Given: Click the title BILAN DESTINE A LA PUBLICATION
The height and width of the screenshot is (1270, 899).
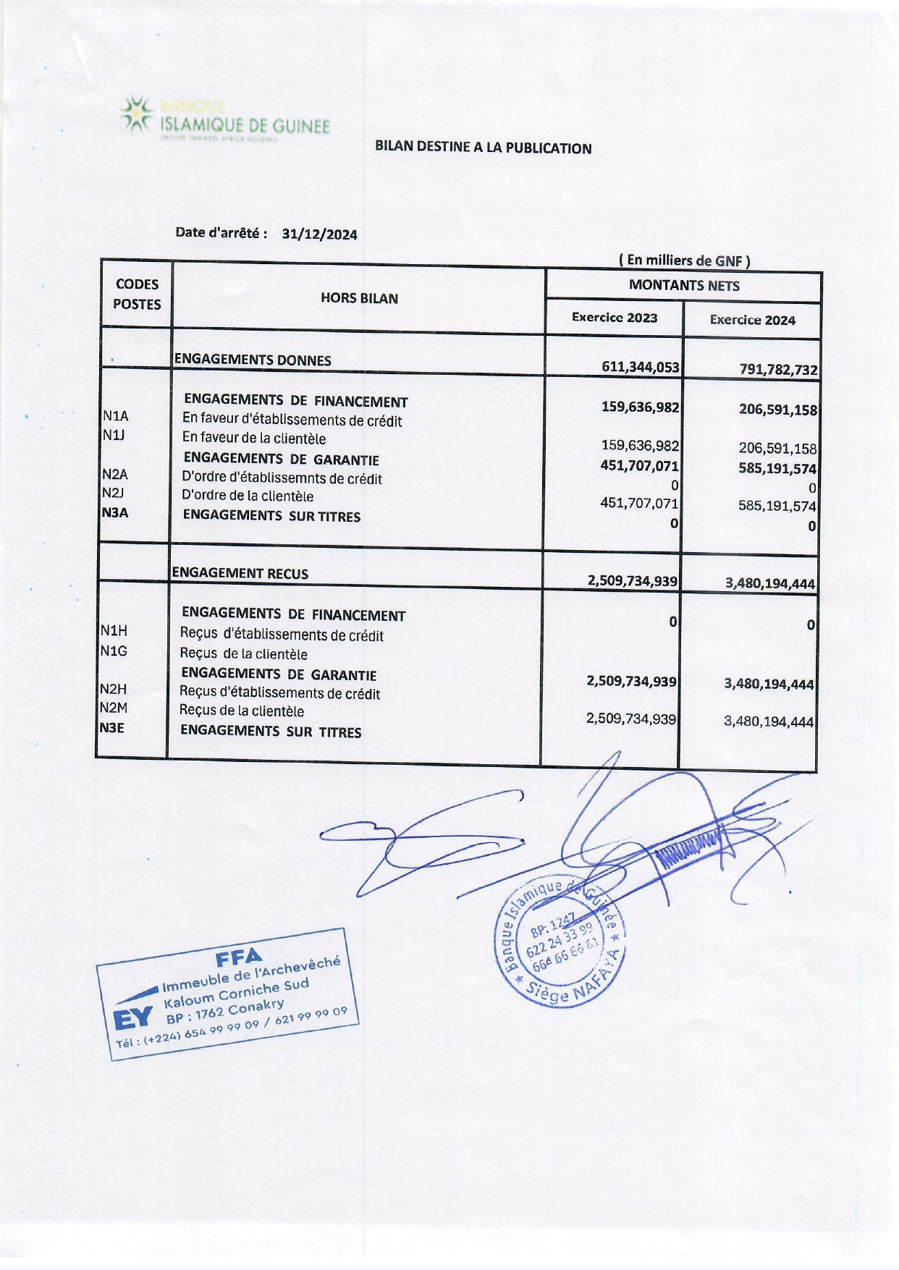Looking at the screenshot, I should [x=483, y=148].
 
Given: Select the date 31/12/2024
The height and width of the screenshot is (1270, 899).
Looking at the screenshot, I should [x=319, y=234].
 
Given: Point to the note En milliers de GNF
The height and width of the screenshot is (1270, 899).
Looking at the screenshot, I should [x=684, y=261].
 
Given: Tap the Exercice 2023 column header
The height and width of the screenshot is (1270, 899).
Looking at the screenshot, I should [x=615, y=318].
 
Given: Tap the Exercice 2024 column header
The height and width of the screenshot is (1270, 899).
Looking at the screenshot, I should [x=752, y=320].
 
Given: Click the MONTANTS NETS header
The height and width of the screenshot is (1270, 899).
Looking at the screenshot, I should [x=684, y=286].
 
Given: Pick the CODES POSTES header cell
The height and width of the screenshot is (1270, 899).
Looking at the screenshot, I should [x=137, y=295].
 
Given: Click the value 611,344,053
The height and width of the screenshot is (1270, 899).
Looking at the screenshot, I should [x=641, y=367].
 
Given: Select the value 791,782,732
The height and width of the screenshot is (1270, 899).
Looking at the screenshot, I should [x=778, y=370].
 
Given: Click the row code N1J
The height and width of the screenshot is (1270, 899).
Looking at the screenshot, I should [x=114, y=435].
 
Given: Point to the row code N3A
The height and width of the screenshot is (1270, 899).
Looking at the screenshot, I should [x=115, y=513].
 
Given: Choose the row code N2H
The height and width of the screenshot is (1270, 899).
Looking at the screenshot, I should [x=113, y=690].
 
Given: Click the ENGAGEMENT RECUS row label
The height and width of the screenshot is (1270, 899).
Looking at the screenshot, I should [x=240, y=574].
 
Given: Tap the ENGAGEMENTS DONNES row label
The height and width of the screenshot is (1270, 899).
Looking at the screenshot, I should [x=253, y=360].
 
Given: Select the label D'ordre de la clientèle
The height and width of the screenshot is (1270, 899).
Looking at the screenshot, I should [x=248, y=496].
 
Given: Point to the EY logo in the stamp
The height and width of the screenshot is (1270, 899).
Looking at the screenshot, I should [x=133, y=1018].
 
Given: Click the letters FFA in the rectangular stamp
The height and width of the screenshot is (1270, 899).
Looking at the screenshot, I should [x=239, y=959].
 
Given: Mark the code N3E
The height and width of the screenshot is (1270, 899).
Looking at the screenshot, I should [x=112, y=728].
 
